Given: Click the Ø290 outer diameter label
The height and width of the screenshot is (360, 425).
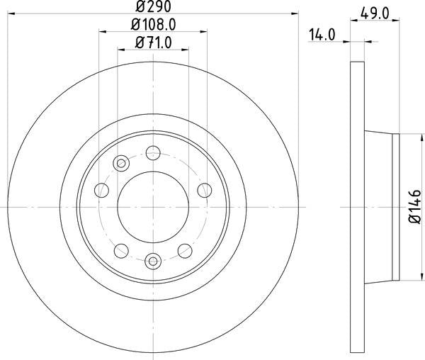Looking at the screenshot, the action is click(x=153, y=6).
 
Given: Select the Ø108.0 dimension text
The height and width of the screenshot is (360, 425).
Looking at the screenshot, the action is click(x=154, y=25).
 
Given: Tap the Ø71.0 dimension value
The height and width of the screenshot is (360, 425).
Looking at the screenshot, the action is click(x=154, y=43).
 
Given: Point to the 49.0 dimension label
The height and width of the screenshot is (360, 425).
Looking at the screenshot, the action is click(x=375, y=13).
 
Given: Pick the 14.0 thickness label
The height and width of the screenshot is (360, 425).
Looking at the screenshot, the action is click(x=322, y=35).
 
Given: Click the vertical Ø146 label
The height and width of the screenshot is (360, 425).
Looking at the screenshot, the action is click(x=414, y=207).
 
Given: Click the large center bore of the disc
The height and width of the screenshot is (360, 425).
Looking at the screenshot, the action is click(x=153, y=207).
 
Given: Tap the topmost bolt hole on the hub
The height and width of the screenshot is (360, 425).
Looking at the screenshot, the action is click(x=153, y=153).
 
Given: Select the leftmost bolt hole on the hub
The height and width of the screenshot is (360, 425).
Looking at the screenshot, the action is click(x=101, y=191).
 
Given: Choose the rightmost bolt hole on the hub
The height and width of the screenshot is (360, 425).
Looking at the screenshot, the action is click(x=205, y=191).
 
